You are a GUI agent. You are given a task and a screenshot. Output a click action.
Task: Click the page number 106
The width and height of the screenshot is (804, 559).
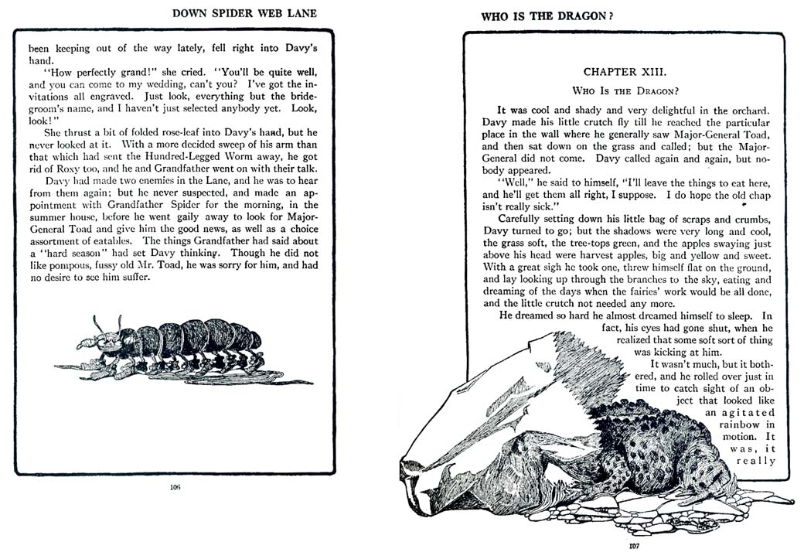[174, 487]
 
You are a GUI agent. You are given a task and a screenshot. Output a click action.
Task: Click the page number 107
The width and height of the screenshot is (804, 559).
[634, 545]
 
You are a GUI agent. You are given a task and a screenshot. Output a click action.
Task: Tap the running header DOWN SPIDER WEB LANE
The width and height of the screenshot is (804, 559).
[245, 14]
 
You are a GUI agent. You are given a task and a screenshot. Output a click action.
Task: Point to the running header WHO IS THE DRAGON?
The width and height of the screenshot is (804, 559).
[547, 15]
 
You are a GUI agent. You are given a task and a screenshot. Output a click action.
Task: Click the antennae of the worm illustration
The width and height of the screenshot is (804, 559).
[107, 322]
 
